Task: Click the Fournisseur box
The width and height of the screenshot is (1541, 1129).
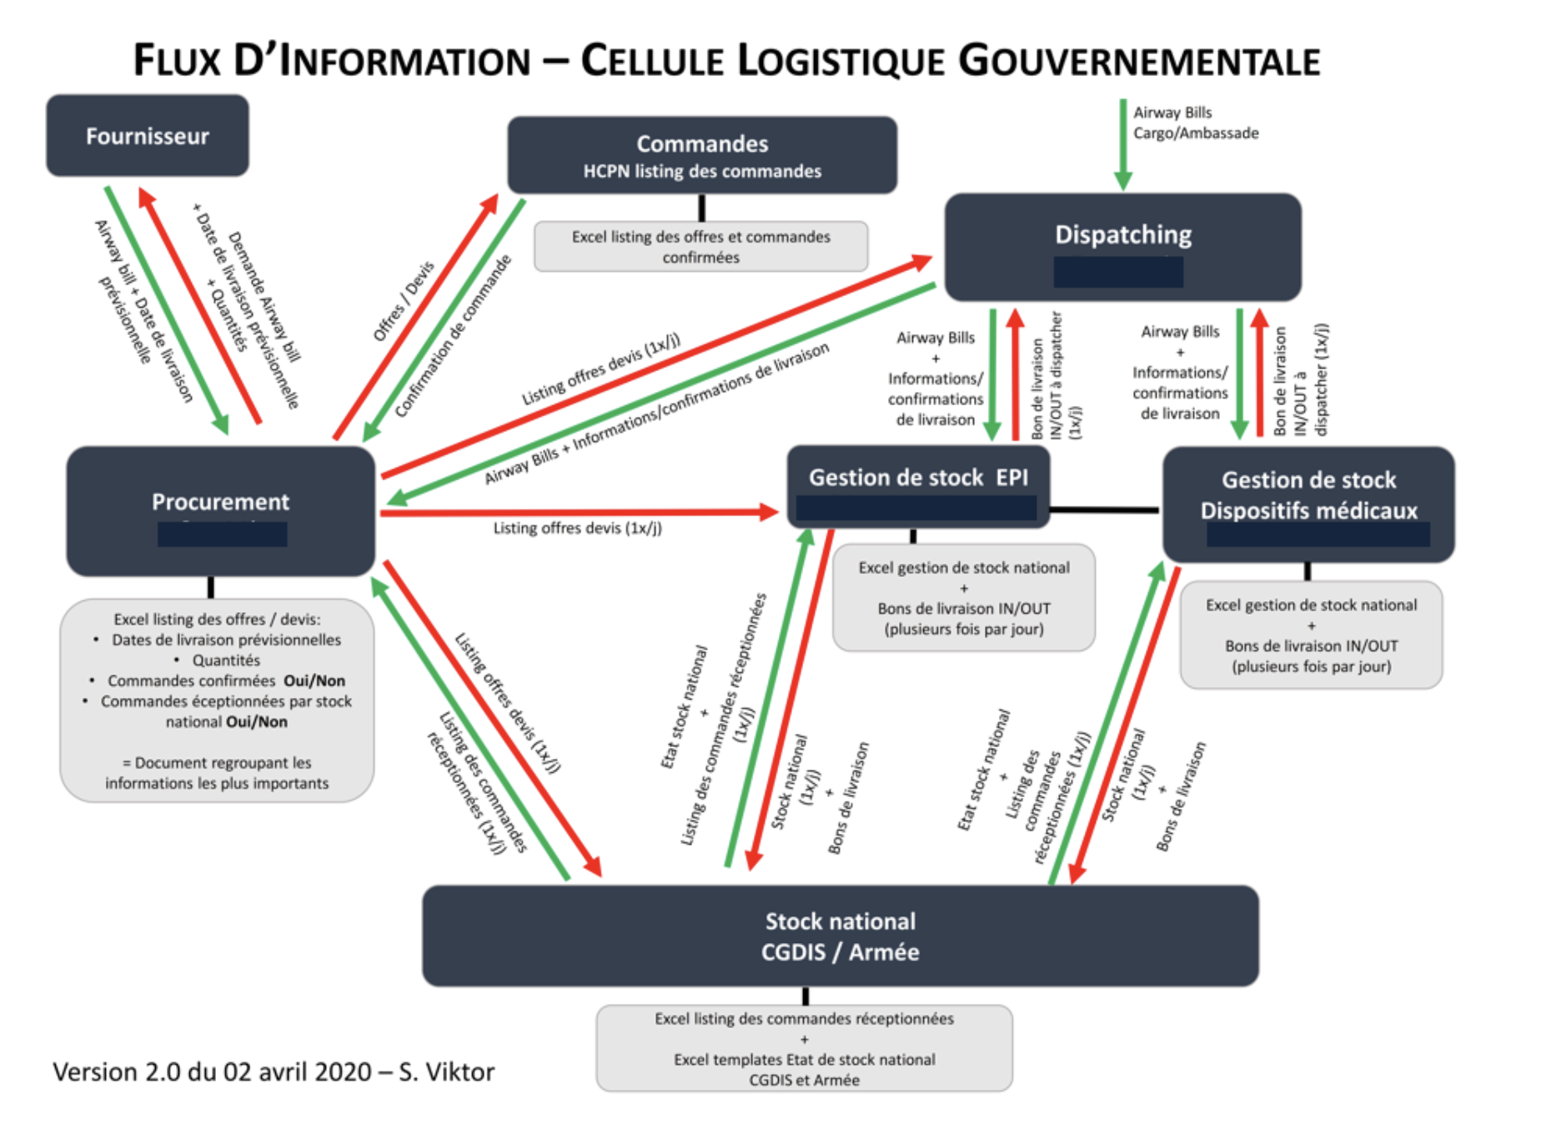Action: coord(147,136)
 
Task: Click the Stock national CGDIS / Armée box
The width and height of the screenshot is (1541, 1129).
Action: coord(840,936)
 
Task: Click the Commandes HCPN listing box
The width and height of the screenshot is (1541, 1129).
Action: coord(702,155)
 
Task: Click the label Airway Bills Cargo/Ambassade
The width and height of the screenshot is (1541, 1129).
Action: coord(1195,123)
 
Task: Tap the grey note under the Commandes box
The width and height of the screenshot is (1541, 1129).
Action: coord(700,247)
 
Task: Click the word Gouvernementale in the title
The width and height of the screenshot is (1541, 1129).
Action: coord(1138,61)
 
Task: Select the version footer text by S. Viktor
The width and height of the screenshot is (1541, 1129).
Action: coord(274,1071)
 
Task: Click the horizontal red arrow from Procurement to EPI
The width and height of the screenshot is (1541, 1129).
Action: coord(575,512)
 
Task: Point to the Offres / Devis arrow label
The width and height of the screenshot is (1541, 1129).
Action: coord(404,302)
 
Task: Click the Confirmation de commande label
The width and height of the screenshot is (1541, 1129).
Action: coord(453,336)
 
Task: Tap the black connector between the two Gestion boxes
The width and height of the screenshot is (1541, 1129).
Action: coord(1104,509)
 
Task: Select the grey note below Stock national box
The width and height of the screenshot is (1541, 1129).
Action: coord(804,1048)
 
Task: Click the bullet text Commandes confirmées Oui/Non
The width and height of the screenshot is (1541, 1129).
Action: coord(226,680)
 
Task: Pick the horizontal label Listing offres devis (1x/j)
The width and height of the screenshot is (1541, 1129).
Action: coord(577,529)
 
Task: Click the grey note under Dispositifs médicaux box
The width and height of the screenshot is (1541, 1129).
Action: coord(1310,635)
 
